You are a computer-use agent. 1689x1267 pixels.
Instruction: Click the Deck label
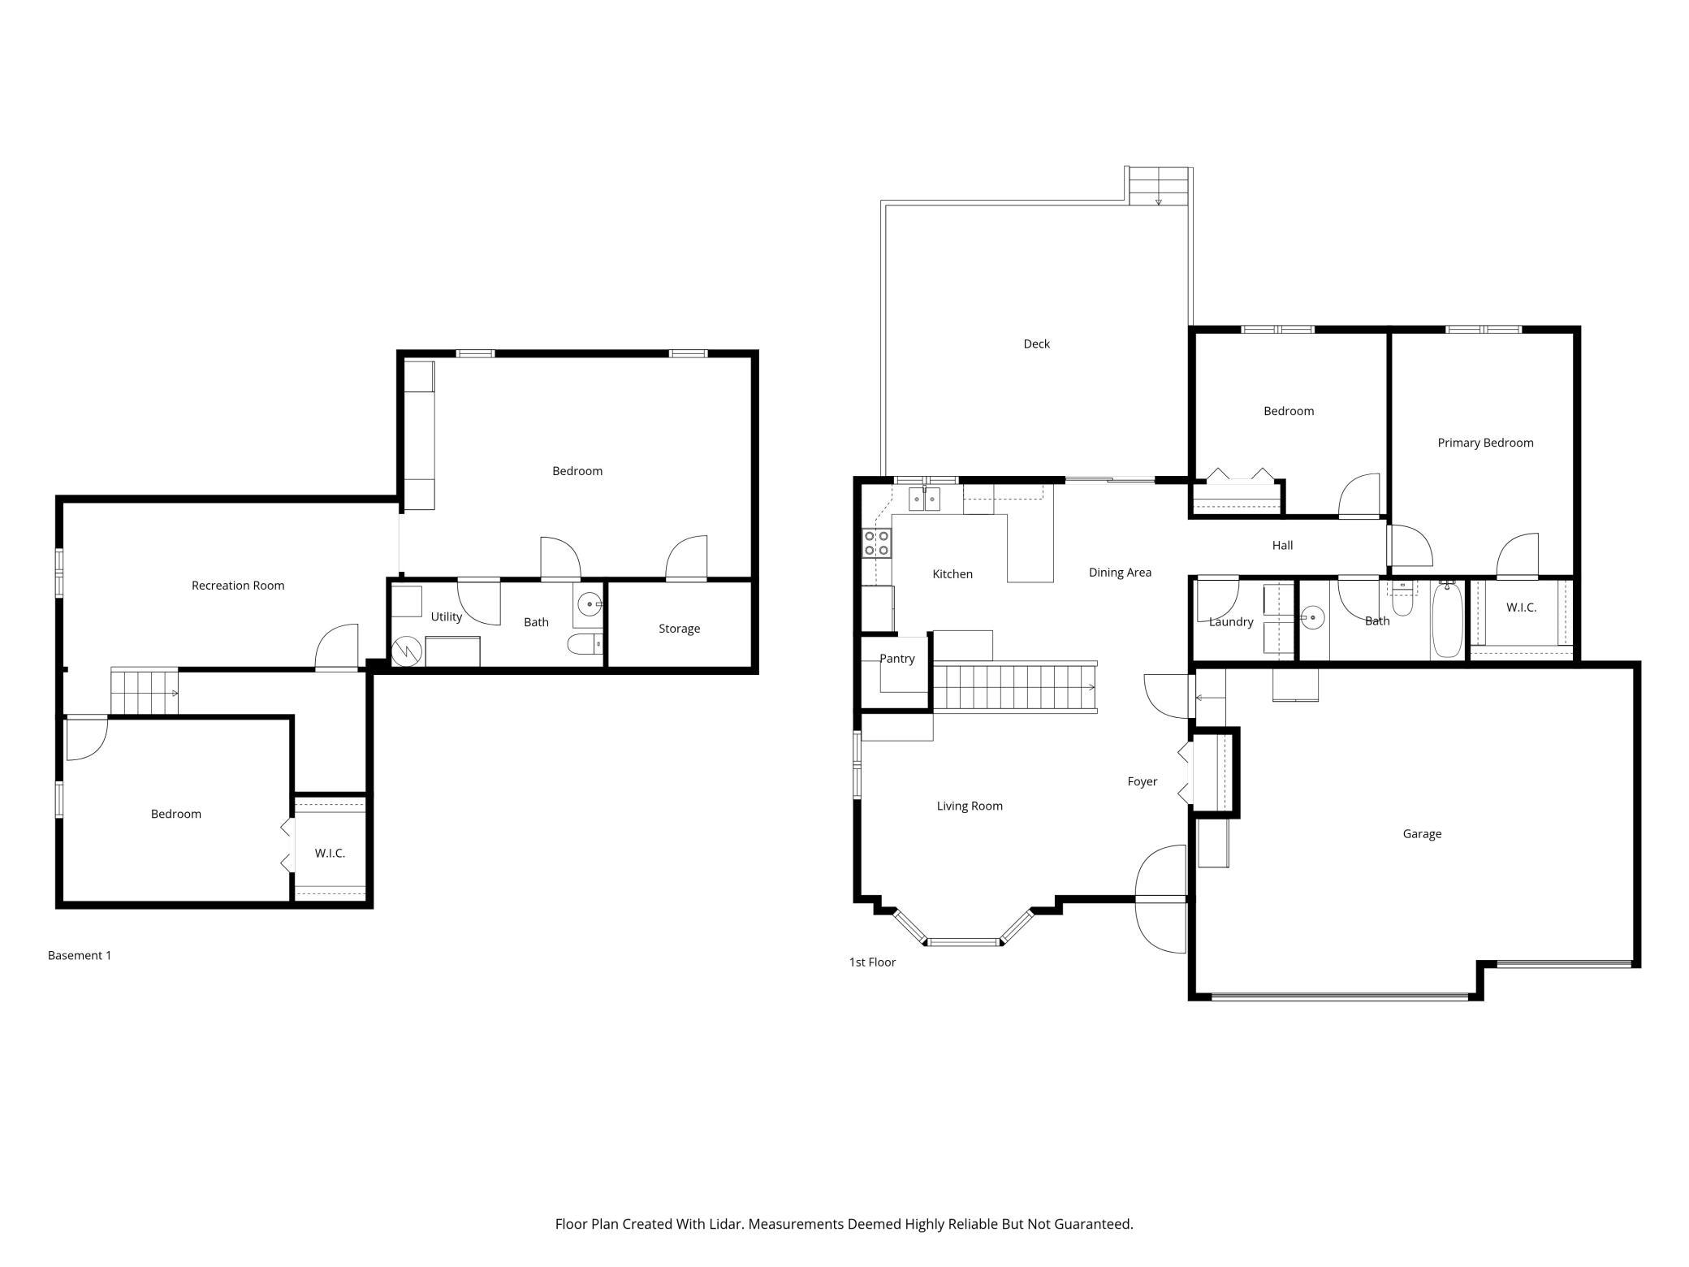(1036, 344)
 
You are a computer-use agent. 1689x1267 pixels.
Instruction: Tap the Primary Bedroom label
(1485, 443)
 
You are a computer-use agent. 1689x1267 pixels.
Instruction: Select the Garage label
(1422, 834)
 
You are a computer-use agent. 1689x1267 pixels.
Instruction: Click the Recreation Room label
(238, 586)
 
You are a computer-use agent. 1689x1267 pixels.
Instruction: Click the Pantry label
(897, 659)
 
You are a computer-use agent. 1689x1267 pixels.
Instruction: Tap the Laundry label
(1231, 622)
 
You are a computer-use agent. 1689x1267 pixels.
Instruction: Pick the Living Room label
(970, 806)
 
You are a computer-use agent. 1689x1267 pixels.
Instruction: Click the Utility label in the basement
(446, 617)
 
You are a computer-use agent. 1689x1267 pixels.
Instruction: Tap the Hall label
(1282, 546)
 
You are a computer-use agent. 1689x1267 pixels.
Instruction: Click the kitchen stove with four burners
(877, 543)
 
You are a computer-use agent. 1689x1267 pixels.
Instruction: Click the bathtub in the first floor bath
(1447, 620)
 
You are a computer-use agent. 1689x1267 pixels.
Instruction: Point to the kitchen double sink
(924, 499)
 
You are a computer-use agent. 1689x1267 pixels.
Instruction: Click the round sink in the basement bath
(590, 605)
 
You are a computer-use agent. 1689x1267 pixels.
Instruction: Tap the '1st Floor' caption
(872, 962)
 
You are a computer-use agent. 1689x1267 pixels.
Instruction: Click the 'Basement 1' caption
(80, 956)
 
